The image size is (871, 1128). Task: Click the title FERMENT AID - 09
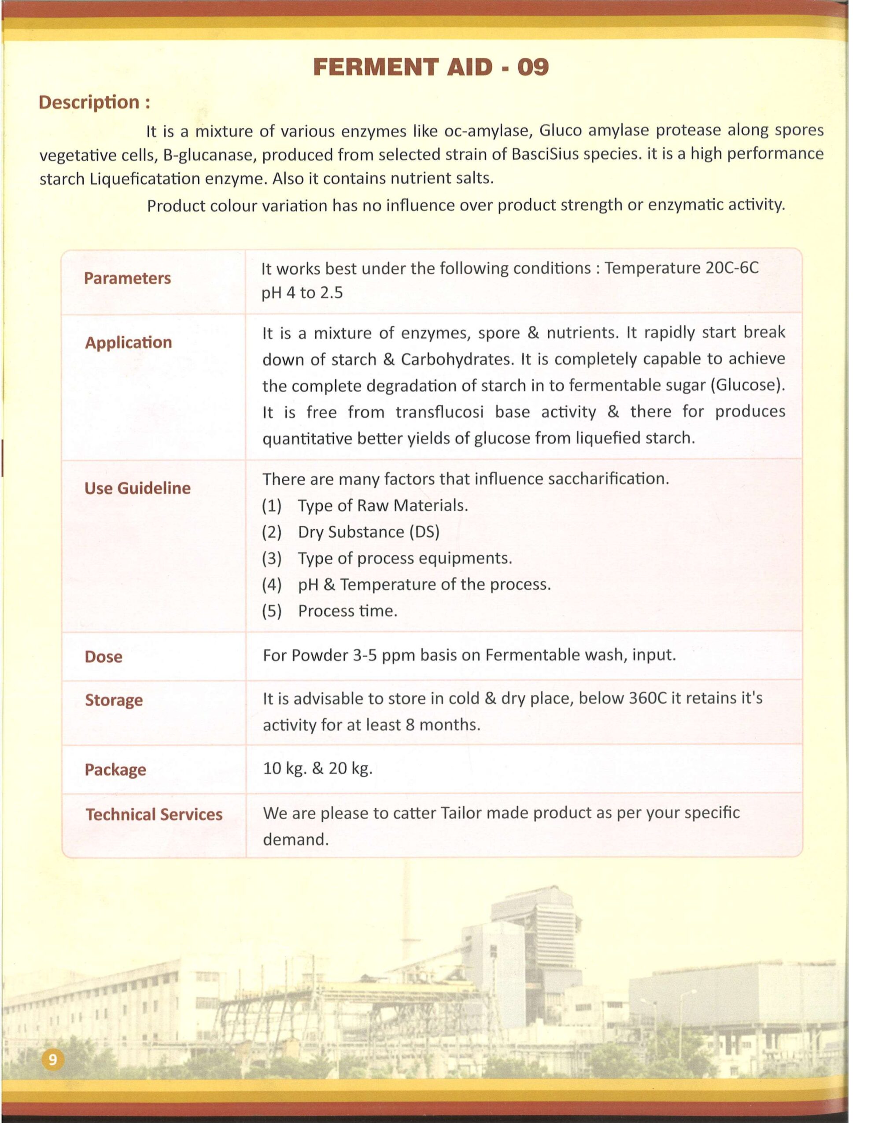431,67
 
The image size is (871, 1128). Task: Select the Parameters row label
127,278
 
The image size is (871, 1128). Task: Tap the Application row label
128,342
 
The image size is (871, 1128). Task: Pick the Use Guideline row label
137,488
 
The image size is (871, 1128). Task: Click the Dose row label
103,657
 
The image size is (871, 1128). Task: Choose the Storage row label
114,700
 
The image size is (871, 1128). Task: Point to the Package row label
115,770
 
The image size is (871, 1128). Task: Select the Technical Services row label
154,814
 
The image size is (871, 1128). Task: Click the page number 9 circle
52,1060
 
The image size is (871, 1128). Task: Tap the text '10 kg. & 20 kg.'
317,769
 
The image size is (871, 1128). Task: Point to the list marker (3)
272,558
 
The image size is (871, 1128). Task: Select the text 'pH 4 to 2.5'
302,293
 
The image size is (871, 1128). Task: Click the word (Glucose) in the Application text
747,386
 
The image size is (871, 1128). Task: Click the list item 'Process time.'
347,611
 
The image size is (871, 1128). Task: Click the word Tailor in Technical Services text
461,813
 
